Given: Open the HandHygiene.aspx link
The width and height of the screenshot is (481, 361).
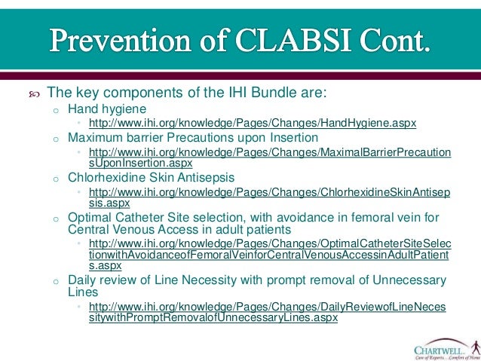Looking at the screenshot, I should pos(252,122).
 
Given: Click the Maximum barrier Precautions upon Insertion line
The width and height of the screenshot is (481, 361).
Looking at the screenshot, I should pos(193,137).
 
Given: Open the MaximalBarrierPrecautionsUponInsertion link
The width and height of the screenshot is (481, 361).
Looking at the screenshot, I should pos(269,157).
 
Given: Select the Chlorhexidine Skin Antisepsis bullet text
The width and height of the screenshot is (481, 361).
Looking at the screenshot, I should pos(151,177).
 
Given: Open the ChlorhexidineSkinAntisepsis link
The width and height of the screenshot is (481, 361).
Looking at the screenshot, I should pos(269,197).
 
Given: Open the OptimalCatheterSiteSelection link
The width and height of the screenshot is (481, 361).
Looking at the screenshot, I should pos(269,255).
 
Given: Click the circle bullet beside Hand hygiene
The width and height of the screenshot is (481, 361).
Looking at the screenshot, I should pos(55,109).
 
